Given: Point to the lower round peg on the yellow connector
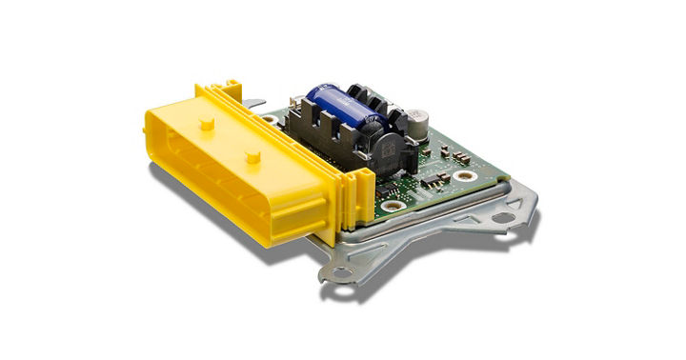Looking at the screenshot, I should (x=252, y=154).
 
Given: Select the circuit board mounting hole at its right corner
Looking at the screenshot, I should (x=464, y=175).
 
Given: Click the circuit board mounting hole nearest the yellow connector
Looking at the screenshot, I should (x=389, y=205).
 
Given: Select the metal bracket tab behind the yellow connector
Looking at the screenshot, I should (x=253, y=106).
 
